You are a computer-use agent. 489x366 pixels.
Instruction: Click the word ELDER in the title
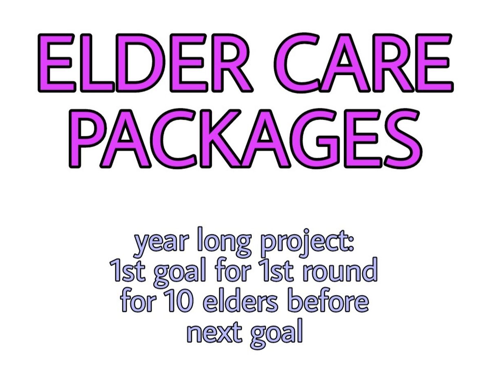(x=145, y=63)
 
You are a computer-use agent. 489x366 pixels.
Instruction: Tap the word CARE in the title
(x=363, y=62)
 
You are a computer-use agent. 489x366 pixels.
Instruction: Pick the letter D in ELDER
(x=141, y=63)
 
